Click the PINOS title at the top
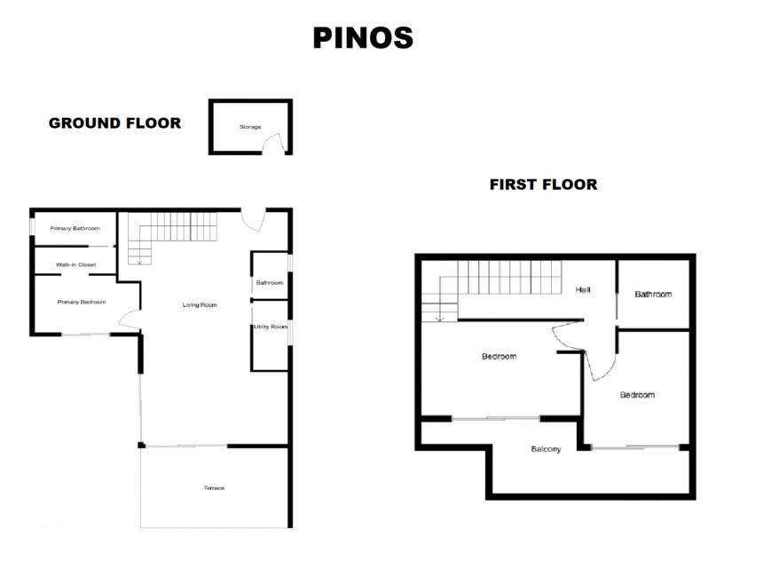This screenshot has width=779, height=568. (363, 38)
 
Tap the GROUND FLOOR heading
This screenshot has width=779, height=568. (114, 123)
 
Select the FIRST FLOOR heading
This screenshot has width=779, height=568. (544, 185)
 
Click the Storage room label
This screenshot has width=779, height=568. (250, 127)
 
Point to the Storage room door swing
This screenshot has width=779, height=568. (273, 143)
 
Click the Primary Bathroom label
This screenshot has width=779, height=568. (75, 229)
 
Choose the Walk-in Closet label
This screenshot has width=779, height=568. (76, 264)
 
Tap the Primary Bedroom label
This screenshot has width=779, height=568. (82, 302)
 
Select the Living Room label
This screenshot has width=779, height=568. (200, 305)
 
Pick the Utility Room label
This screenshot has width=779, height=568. (271, 327)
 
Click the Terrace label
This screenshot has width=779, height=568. (214, 488)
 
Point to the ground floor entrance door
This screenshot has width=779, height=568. (254, 220)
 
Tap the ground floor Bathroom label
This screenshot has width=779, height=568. (270, 283)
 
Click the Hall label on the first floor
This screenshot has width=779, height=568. (583, 289)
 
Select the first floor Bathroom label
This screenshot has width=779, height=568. (653, 294)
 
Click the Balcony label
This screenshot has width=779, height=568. (546, 449)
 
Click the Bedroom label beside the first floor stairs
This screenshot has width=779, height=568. (499, 356)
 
